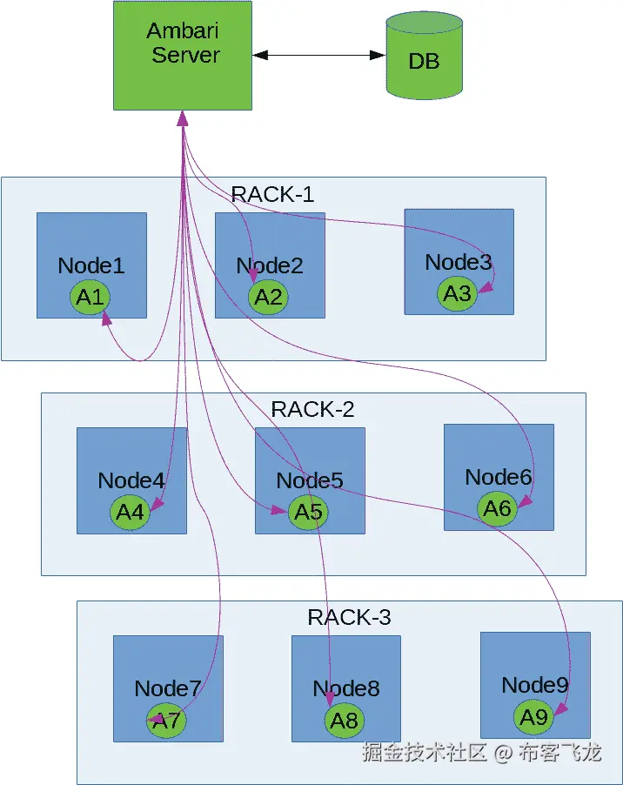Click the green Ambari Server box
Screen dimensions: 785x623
183,56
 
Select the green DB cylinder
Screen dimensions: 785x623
424,59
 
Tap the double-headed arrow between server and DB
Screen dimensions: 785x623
319,55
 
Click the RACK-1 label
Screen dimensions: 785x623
272,194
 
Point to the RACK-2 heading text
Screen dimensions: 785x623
312,409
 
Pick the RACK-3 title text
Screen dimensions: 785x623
349,618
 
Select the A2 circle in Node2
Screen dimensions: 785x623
269,298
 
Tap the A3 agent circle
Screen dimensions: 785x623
458,293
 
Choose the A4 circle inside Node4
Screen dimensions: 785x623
130,512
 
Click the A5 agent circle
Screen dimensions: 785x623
308,512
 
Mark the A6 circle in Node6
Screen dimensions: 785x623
497,508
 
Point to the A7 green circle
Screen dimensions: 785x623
165,721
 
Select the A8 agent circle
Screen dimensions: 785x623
345,721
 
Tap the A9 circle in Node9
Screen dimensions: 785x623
533,716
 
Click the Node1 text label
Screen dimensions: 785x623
91,266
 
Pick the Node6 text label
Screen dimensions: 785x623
498,477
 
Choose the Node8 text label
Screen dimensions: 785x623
346,689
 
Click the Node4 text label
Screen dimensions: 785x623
131,480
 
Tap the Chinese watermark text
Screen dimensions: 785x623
481,753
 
